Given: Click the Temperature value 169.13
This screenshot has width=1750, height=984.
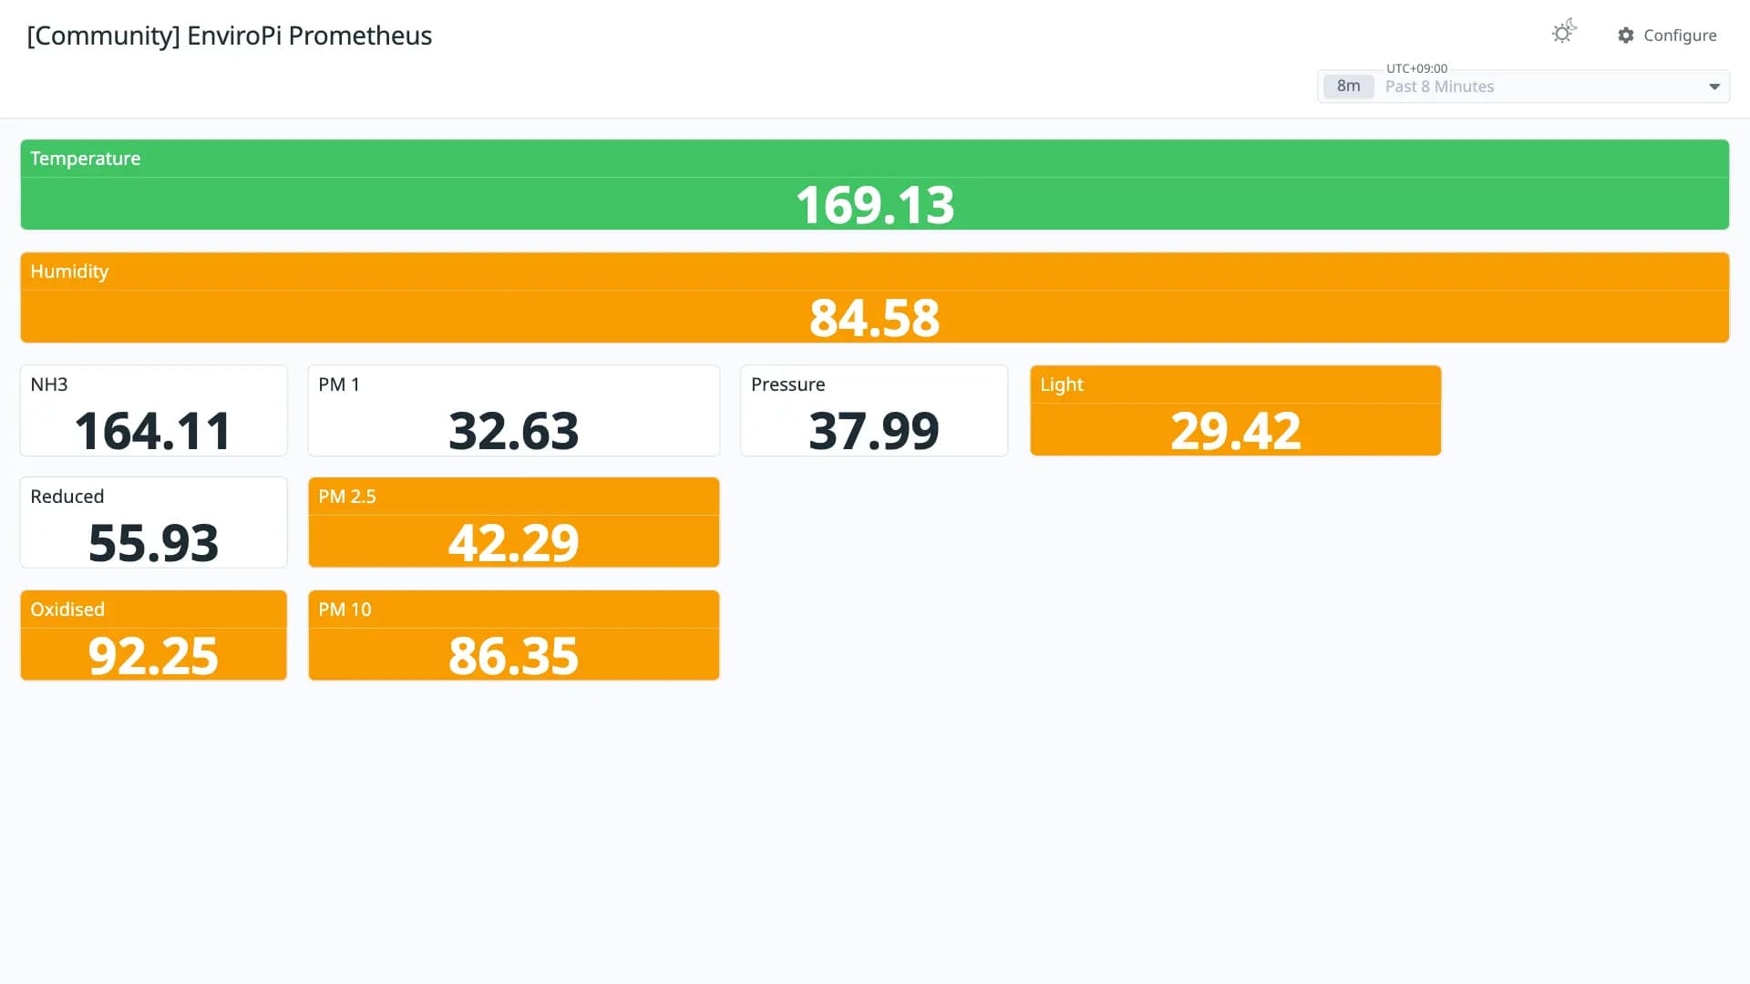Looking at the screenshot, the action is [x=875, y=205].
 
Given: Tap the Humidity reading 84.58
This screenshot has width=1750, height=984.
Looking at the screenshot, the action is [x=875, y=318].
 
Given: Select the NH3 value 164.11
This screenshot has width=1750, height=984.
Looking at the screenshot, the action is [x=153, y=431].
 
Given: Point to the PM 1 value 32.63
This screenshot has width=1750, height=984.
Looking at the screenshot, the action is [x=514, y=431].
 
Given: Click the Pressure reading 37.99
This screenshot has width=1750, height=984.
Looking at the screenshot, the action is [x=874, y=431].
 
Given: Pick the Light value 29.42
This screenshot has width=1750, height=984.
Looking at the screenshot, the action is [x=1236, y=431].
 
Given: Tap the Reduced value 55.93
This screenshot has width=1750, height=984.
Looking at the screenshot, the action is [x=153, y=543].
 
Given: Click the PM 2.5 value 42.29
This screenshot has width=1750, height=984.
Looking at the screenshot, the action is [x=514, y=543].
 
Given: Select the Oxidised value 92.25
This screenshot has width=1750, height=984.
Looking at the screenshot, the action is [x=153, y=656].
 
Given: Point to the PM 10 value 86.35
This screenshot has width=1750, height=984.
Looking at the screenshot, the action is [x=514, y=656].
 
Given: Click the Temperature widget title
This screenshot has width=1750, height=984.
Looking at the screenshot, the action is [x=86, y=159].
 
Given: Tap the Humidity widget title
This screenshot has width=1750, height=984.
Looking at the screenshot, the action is [x=69, y=272].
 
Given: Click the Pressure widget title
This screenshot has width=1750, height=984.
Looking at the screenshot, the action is [x=788, y=384].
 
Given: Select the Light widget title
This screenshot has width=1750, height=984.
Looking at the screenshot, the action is [x=1062, y=384].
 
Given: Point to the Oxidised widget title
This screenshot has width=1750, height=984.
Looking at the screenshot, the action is [x=67, y=610].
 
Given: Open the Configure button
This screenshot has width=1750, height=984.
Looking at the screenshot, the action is [x=1667, y=36].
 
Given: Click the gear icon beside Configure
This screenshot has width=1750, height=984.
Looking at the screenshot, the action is [x=1626, y=36].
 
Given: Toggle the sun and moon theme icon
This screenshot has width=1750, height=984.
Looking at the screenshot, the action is [x=1564, y=32].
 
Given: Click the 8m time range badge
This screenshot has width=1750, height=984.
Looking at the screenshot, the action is [x=1349, y=87].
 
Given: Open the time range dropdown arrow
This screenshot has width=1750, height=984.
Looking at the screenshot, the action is [x=1714, y=87].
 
